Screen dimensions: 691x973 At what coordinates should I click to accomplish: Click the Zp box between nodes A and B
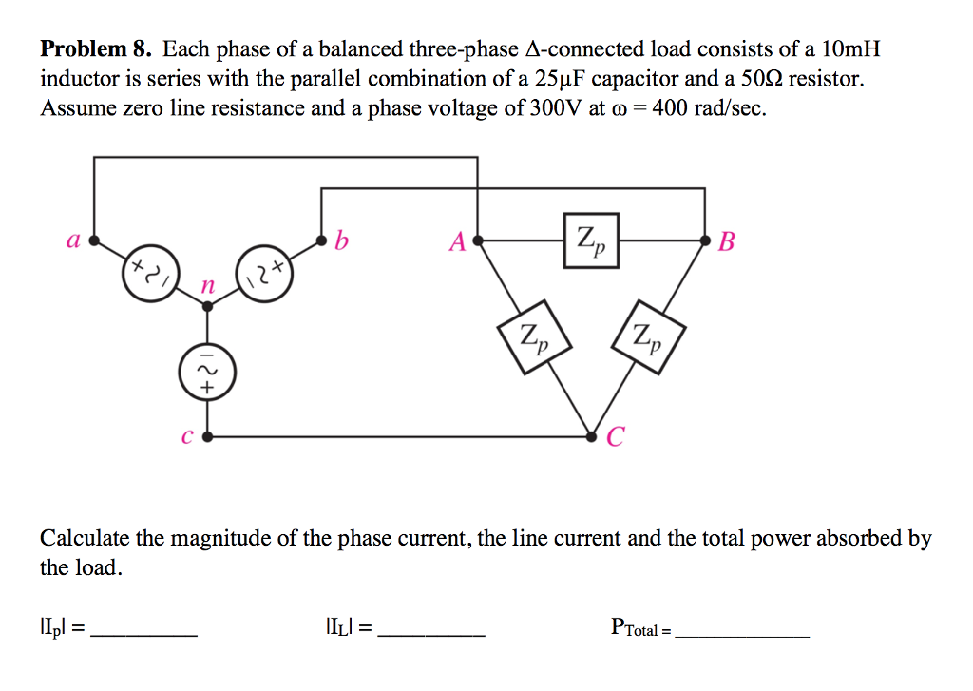(591, 241)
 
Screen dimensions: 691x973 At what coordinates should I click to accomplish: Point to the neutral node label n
(208, 286)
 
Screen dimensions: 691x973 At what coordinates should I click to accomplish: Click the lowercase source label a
(72, 240)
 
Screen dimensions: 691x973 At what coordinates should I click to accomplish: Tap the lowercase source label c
(185, 437)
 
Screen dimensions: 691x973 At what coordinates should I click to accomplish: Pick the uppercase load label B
(727, 241)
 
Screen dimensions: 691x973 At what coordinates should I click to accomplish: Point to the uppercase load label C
(616, 437)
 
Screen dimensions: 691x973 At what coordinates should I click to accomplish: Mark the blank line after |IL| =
(431, 633)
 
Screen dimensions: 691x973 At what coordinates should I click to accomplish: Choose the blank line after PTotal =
(742, 633)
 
